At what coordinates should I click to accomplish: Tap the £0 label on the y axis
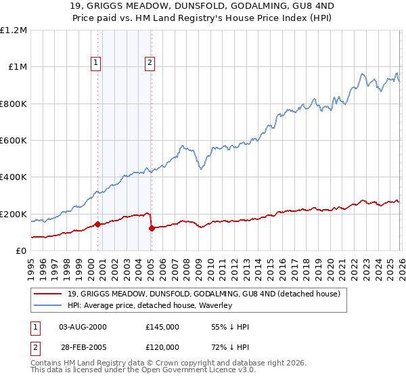coord(22,251)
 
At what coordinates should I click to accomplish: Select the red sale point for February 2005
coord(152,229)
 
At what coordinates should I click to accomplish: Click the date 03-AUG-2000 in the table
coord(83,327)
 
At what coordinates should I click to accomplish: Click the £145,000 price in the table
coord(162,327)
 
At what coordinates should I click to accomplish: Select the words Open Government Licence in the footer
coord(177,370)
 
